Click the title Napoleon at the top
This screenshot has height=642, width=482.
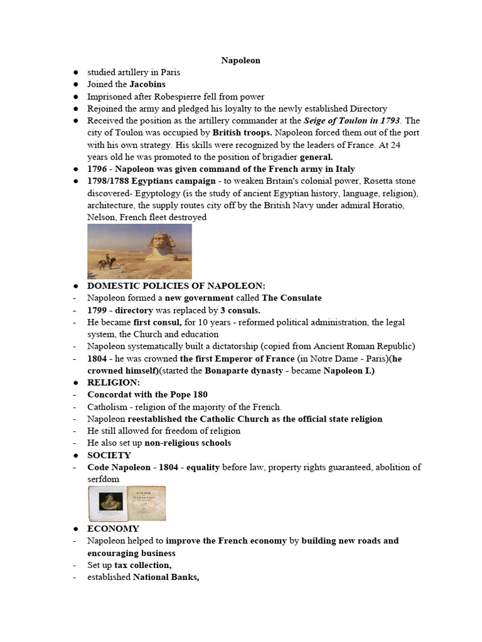click(240, 60)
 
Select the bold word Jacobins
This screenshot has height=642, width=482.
click(147, 84)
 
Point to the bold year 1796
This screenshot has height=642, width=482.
click(98, 169)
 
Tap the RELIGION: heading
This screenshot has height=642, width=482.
click(114, 382)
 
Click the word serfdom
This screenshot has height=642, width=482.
click(103, 478)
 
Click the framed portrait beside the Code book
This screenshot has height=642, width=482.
click(107, 503)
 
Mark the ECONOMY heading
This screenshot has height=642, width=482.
click(113, 529)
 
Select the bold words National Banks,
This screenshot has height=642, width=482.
click(166, 577)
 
